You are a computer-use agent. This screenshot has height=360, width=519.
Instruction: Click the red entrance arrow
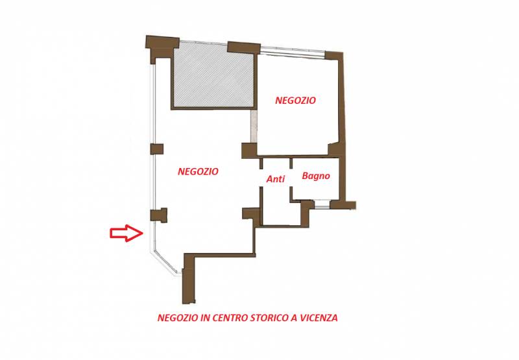127,233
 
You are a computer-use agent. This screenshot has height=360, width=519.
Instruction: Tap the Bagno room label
316,176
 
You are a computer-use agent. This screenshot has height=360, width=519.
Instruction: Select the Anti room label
276,179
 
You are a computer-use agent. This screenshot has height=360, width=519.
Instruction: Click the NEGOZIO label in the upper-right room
295,101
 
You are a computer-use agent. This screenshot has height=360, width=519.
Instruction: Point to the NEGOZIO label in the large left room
198,171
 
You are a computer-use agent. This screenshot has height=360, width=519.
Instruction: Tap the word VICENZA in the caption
319,318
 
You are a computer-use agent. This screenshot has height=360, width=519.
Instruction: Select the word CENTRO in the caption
230,318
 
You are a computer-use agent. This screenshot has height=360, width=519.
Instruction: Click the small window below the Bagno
322,204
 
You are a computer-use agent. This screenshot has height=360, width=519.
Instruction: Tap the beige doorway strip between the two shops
254,126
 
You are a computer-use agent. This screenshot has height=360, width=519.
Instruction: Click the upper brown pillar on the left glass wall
157,149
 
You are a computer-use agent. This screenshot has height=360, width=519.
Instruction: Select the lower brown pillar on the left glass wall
158,215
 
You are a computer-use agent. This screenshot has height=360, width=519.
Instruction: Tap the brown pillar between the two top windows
244,47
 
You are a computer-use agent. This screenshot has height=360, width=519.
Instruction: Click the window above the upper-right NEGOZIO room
293,51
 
